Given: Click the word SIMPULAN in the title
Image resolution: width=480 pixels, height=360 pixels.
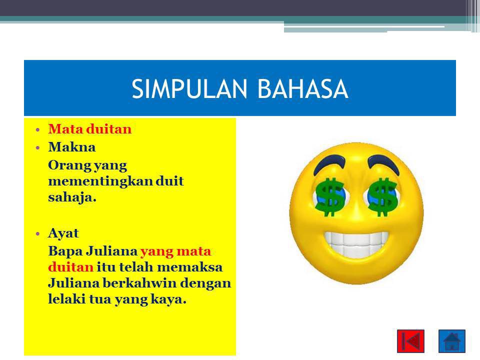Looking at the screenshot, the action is coord(189,89).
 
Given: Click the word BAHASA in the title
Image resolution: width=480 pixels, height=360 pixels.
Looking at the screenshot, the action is coord(303,89).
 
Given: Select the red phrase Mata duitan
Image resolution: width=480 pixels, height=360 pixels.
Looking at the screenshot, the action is coord(89,129).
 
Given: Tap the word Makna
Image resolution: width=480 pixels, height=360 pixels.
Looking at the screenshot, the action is coord(72,147).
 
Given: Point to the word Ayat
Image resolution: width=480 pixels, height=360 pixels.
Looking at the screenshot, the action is coord(63,233).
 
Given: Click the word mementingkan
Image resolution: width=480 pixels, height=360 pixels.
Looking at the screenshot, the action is coord(100,181).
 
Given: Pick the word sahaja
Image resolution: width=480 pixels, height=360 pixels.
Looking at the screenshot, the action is coord(72,197).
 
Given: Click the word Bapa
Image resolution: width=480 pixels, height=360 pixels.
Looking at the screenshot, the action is coord(65,251).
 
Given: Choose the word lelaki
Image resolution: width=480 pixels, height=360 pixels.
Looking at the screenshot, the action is coord(66,299).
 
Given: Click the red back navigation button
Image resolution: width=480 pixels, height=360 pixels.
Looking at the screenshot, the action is coord(411,341).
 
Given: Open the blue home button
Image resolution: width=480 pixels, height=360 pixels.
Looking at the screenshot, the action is coord(452,341).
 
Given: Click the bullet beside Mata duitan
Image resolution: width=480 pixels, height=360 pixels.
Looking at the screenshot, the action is coord(37,130).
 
